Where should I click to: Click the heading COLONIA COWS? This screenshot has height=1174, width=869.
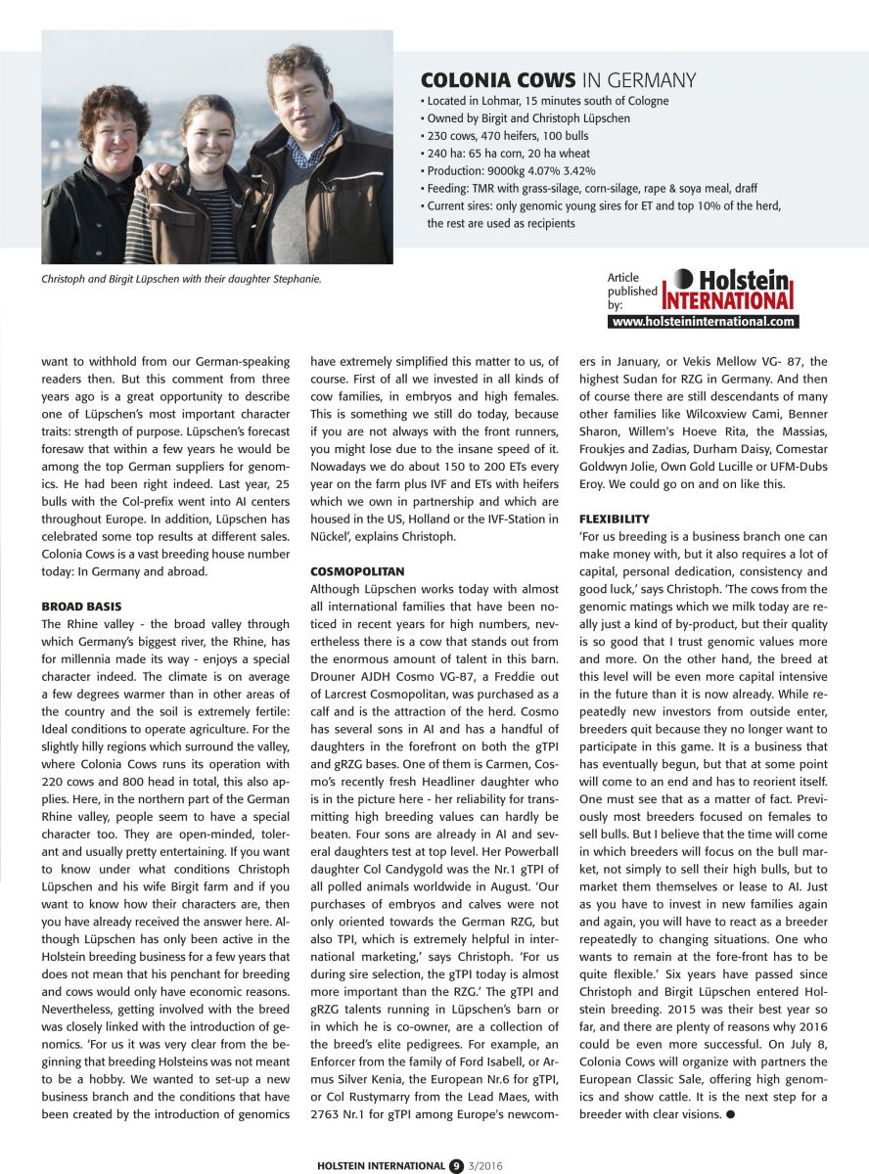click(498, 80)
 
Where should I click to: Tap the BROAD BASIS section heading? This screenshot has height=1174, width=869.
click(81, 607)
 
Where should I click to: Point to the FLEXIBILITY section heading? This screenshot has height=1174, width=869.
click(614, 518)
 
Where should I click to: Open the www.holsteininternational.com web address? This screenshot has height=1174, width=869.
click(704, 321)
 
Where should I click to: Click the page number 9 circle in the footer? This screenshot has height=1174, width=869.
click(456, 1165)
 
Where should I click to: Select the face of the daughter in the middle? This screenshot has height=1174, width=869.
click(208, 126)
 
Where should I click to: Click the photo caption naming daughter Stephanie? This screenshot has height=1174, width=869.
click(181, 279)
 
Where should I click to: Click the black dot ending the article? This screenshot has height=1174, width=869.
click(730, 1115)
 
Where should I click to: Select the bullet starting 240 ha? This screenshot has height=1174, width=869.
click(518, 154)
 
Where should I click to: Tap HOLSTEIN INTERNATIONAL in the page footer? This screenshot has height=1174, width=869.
click(381, 1165)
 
